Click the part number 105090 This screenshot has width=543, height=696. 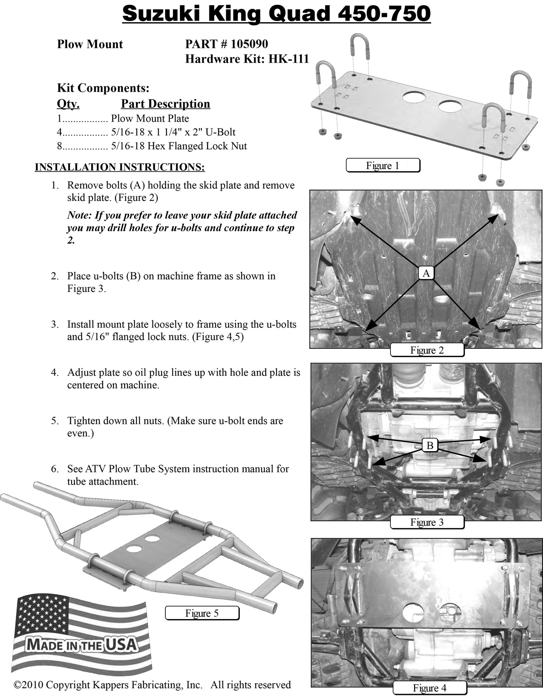pyautogui.click(x=249, y=44)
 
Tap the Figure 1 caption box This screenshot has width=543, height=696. pyautogui.click(x=383, y=166)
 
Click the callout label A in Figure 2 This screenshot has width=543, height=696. pyautogui.click(x=426, y=273)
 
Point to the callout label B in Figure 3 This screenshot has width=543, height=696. pyautogui.click(x=430, y=445)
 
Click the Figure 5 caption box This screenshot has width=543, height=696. pyautogui.click(x=202, y=613)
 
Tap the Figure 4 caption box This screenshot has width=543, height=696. pyautogui.click(x=430, y=688)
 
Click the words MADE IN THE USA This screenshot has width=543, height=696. pyautogui.click(x=81, y=645)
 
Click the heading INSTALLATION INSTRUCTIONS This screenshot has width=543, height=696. pyautogui.click(x=120, y=167)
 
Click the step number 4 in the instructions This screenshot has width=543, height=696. pyautogui.click(x=54, y=372)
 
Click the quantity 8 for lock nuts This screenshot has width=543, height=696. pyautogui.click(x=59, y=146)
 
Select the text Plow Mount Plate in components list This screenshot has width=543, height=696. pyautogui.click(x=150, y=119)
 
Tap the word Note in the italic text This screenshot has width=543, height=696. pyautogui.click(x=79, y=215)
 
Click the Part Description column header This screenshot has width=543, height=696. pyautogui.click(x=165, y=104)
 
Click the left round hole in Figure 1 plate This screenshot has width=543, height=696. pyautogui.click(x=413, y=97)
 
